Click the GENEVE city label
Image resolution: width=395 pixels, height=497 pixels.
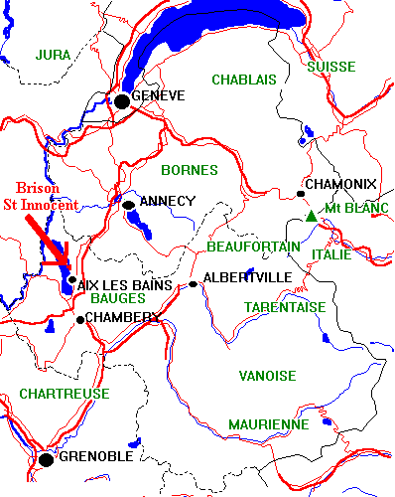tap(159, 94)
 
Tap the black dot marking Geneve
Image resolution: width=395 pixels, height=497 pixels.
tap(122, 99)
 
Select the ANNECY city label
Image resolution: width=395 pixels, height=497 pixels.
tap(168, 201)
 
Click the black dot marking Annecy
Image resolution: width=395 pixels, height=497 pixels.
tap(128, 205)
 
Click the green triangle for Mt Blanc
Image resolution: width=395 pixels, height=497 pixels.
tap(312, 215)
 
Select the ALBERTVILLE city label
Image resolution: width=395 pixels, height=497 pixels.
tap(245, 277)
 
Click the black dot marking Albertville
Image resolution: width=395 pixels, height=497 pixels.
tap(194, 284)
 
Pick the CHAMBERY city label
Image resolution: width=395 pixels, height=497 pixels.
tap(122, 317)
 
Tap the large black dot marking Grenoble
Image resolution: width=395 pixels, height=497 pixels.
tap(45, 459)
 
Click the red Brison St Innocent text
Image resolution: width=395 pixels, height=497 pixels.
tap(48, 196)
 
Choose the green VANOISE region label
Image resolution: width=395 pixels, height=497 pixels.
tap(267, 375)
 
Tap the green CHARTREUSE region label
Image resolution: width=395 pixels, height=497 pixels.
tap(65, 394)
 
